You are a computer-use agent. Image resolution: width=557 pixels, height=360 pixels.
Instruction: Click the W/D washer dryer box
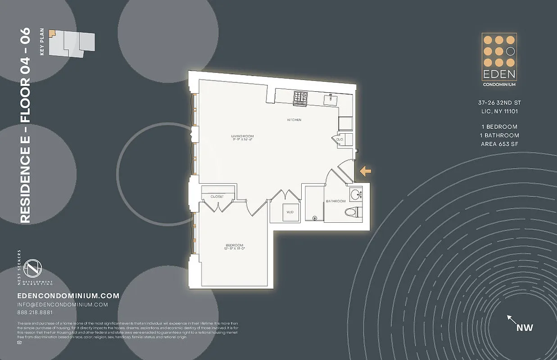coord(289,212)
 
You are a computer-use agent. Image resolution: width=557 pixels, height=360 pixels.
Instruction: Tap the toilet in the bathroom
coord(352,212)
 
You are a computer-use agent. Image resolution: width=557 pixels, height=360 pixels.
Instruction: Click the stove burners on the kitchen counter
coord(300,96)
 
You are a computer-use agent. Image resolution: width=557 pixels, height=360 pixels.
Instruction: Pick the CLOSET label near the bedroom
coord(217,197)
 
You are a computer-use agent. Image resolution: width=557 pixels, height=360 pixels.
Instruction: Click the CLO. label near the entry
coord(340,139)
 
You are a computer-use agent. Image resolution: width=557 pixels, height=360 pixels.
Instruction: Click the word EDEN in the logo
coord(499,75)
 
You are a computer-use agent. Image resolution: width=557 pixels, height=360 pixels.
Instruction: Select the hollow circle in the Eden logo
coord(510,51)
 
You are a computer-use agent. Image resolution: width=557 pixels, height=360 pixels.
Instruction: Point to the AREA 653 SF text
coord(500,144)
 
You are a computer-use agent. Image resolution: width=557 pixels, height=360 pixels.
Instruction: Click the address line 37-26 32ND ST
coord(499,103)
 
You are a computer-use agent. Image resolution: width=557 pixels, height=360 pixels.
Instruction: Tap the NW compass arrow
coord(512,320)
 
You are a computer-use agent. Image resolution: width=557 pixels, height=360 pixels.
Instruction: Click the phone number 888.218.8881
coord(35,313)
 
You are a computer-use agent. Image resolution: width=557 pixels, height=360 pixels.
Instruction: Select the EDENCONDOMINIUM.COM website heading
coord(68,296)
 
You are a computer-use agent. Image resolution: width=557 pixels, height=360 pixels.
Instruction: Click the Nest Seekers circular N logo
coord(32,269)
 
